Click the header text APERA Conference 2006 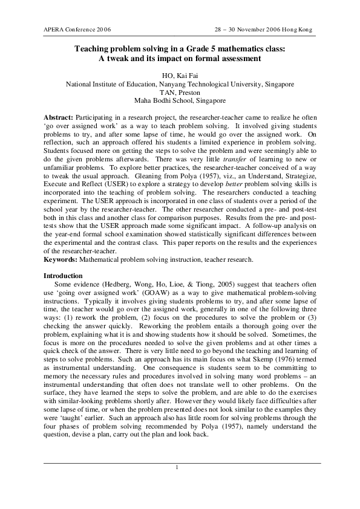[77, 29]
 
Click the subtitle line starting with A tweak [179, 59]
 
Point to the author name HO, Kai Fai [180, 76]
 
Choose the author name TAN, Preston [180, 92]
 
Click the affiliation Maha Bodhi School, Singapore [180, 101]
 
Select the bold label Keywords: [61, 260]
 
